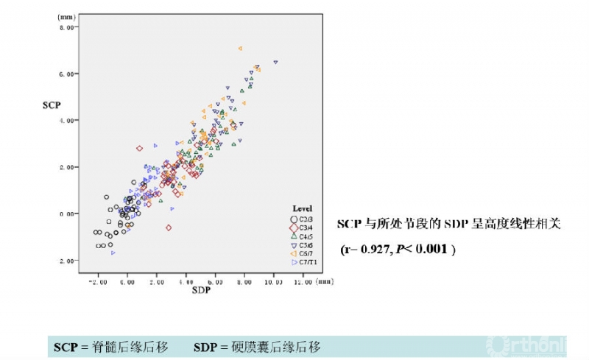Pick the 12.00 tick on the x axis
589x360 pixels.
(302, 282)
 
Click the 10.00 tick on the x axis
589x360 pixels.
(273, 282)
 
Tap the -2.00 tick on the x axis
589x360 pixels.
(98, 282)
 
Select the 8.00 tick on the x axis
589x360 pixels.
(244, 282)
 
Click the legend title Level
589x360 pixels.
(303, 208)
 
